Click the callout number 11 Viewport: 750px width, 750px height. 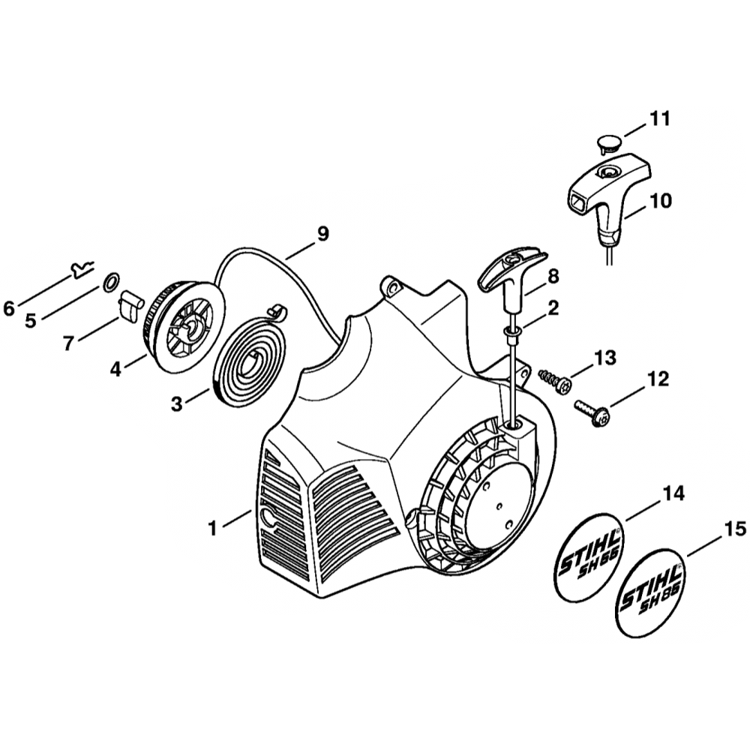(660, 118)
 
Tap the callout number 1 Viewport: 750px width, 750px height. (213, 529)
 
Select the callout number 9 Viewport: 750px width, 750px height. (322, 233)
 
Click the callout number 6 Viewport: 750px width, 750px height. (9, 308)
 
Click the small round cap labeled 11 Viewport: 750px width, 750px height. (608, 142)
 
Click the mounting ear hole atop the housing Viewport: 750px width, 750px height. (391, 286)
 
